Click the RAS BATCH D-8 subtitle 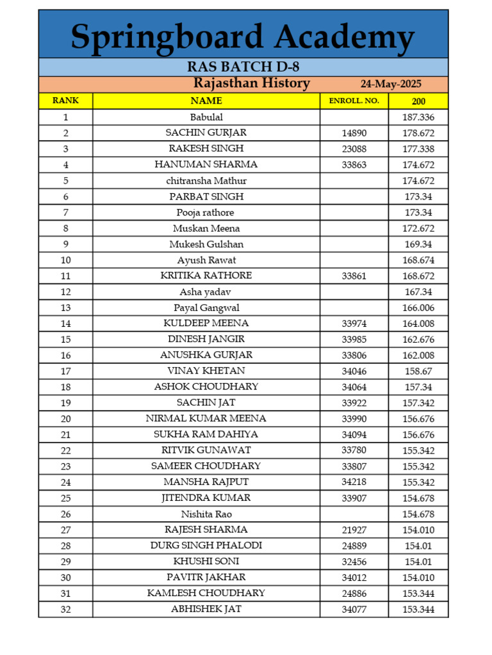coord(243,67)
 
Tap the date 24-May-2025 coord(391,84)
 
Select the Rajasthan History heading coord(252,83)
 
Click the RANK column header coord(65,100)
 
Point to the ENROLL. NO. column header coord(354,101)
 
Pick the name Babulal coord(206,117)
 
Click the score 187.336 coord(418,117)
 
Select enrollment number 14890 coord(354,133)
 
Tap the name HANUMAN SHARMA coord(206,164)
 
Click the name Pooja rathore coord(206,212)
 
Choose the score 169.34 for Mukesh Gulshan coord(418,244)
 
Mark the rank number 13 coord(65,308)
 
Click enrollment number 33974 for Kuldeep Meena coord(354,324)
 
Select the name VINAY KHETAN coord(206,371)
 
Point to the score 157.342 coord(418,403)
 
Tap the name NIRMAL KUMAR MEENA coord(206,418)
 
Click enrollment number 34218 coord(354,482)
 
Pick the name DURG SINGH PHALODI coord(206,546)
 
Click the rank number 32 coord(65,610)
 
